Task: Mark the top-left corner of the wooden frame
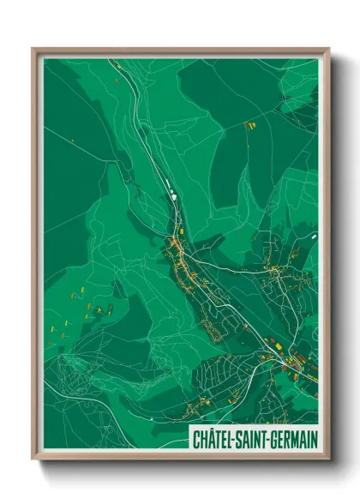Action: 33,49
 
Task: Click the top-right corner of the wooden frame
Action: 329,49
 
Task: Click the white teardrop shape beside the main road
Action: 174,195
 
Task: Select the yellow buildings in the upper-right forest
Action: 251,126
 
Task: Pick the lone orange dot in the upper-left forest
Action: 73,140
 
